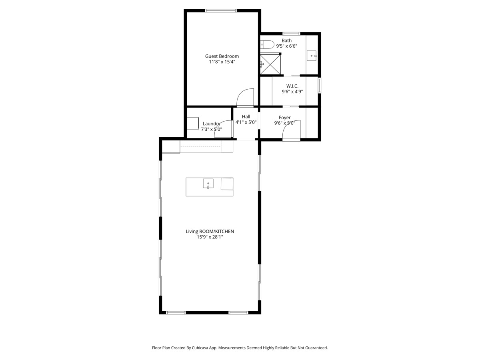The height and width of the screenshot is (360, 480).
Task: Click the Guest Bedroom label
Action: pos(222,56)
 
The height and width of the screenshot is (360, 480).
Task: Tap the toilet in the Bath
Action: pos(267,44)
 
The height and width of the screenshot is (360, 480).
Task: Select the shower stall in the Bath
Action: pos(270,64)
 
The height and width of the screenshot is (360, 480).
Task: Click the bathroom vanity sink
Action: pos(312,56)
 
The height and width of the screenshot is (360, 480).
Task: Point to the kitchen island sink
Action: pos(208,184)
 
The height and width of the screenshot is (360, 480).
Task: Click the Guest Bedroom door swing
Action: pos(246,98)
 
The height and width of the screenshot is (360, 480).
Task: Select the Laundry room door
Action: pos(224,129)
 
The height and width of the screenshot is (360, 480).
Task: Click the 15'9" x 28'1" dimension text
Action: pos(210,237)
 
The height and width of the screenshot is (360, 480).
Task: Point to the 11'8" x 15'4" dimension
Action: pos(222,62)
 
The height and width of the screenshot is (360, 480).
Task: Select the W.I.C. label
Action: pos(292,86)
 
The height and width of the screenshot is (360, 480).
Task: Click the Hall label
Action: pos(246,117)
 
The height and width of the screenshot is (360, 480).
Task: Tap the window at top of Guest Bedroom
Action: pos(220,11)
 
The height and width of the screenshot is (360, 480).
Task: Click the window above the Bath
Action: pos(291,34)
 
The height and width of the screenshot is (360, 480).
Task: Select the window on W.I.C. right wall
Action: pos(319,86)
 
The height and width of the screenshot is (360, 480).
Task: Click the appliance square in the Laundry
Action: pos(193,123)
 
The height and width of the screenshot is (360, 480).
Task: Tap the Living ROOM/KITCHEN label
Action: pos(210,231)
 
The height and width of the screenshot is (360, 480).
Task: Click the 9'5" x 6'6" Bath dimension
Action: pos(286,46)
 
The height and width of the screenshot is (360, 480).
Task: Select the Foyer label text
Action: pos(285,118)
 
